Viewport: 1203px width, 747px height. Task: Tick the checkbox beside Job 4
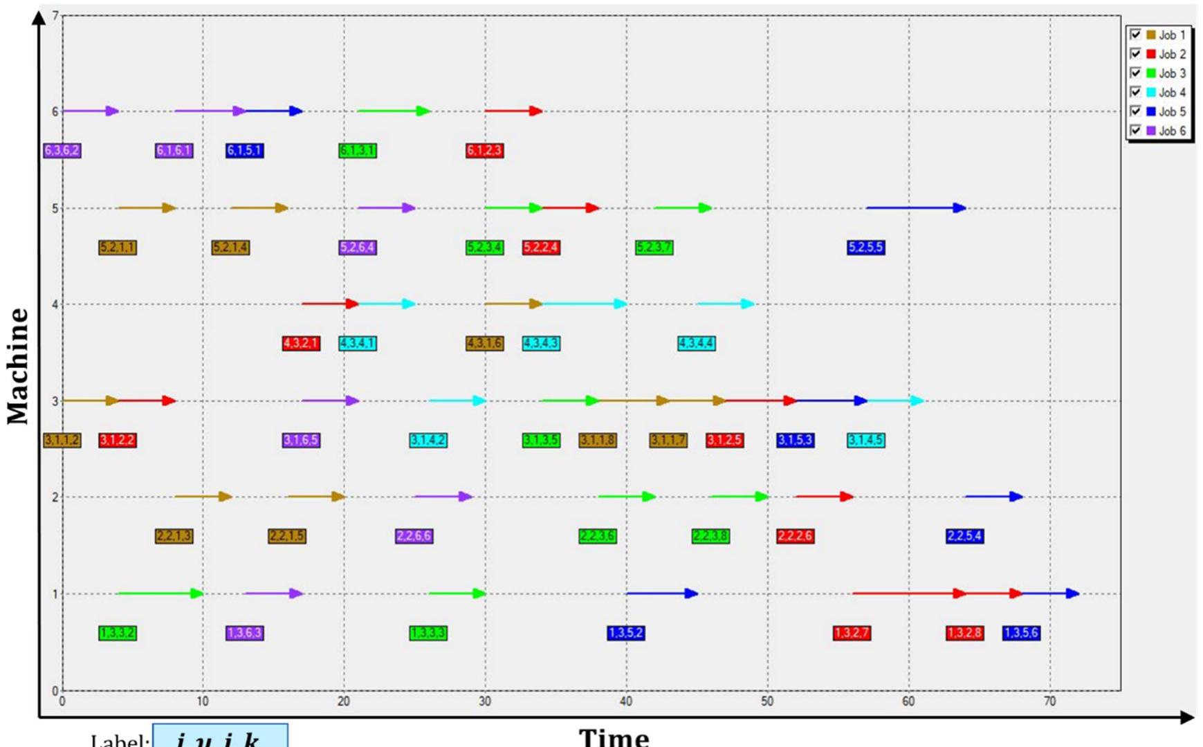(x=1135, y=92)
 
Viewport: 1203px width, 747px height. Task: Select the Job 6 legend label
(x=1171, y=131)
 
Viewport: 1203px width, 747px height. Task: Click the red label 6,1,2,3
(x=484, y=151)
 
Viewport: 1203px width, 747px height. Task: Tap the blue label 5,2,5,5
(x=865, y=248)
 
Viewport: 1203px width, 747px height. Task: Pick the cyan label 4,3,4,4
(x=696, y=344)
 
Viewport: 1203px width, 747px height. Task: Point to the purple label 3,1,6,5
(x=301, y=441)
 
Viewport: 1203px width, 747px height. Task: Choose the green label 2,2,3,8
(x=710, y=536)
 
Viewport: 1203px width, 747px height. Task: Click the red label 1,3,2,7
(x=852, y=633)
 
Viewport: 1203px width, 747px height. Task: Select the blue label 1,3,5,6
(x=1021, y=633)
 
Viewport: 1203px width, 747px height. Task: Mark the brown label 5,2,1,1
(x=118, y=248)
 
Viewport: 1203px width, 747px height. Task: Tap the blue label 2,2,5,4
(x=964, y=536)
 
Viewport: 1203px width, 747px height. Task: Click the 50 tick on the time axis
(x=767, y=701)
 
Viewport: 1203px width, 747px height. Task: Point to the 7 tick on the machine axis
(x=55, y=15)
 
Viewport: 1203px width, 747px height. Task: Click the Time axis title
(x=614, y=737)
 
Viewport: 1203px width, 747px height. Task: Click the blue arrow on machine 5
(x=915, y=207)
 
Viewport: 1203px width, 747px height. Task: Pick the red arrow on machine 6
(x=513, y=111)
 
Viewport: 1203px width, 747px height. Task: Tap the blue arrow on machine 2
(x=993, y=496)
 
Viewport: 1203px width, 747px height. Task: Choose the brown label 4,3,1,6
(x=484, y=344)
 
